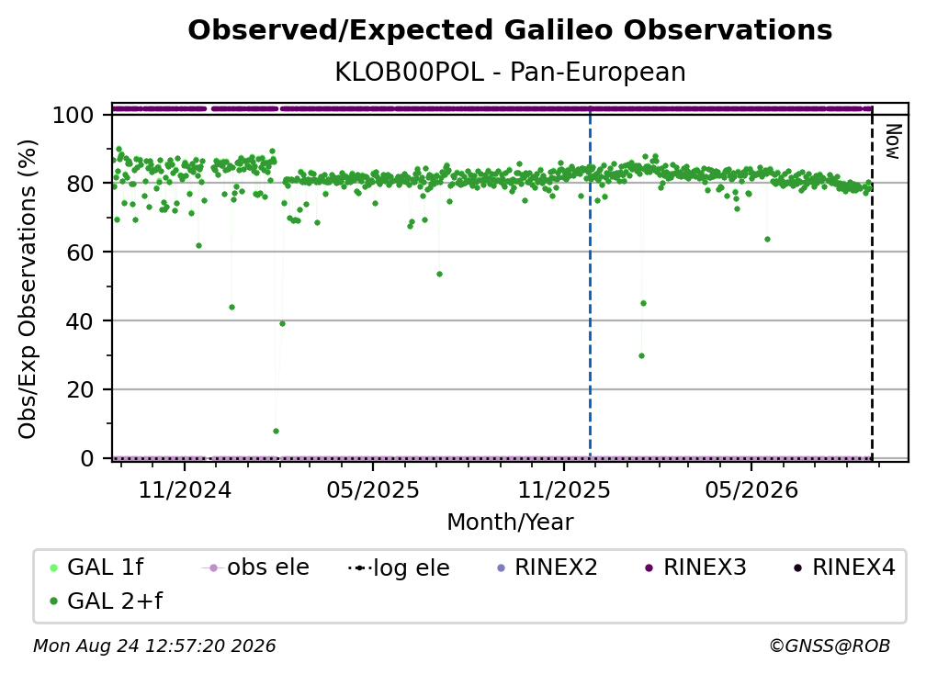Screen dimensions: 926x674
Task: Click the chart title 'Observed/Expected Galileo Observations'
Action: point(510,30)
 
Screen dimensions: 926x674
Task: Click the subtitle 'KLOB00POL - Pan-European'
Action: point(510,72)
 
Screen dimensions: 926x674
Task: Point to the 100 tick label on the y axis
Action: point(73,115)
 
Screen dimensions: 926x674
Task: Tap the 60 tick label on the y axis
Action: point(80,253)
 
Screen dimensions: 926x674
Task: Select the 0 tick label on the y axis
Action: point(87,458)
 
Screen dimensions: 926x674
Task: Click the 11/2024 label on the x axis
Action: point(185,490)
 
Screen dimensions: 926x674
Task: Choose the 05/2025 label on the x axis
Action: point(373,490)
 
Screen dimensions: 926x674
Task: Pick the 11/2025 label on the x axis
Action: point(564,490)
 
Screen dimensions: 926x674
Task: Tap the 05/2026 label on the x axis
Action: point(751,490)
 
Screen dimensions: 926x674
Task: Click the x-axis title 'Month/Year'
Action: point(510,522)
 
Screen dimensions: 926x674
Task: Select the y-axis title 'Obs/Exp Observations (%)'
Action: point(28,289)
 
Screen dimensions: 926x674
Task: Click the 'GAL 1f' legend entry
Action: point(96,567)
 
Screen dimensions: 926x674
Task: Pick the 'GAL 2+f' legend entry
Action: point(106,601)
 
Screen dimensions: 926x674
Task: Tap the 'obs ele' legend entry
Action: point(255,567)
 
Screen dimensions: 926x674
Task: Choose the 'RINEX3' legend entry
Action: point(695,567)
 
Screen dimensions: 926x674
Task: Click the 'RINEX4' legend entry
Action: point(844,567)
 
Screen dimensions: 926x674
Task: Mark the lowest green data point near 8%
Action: point(276,432)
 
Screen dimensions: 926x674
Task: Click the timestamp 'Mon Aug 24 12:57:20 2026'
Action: point(154,646)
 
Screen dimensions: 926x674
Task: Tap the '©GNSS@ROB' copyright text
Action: point(830,646)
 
